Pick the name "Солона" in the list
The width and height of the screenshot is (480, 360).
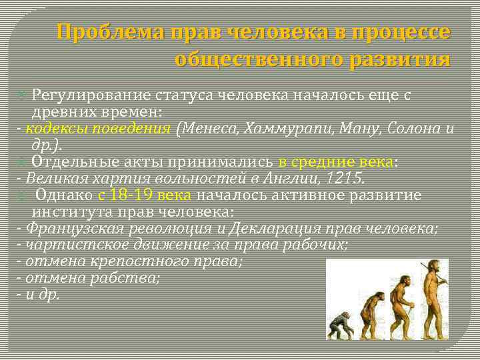(415, 129)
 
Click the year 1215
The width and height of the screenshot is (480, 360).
(349, 179)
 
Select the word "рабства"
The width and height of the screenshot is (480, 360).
(134, 277)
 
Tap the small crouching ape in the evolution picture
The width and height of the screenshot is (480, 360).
(339, 326)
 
